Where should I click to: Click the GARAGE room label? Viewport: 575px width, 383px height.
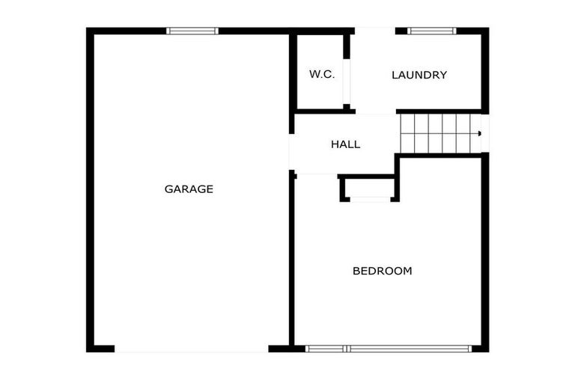tap(189, 189)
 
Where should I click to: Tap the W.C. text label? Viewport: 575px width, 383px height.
tap(322, 74)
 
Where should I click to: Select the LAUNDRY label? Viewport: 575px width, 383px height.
tap(419, 75)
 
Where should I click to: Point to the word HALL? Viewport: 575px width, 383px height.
tap(345, 144)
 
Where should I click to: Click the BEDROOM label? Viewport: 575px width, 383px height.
tap(383, 272)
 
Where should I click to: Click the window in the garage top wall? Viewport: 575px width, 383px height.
tap(192, 31)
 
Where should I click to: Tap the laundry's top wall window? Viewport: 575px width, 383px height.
tap(431, 31)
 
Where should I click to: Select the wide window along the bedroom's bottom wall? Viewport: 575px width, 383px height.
tap(389, 349)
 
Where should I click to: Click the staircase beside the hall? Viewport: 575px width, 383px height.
tap(440, 133)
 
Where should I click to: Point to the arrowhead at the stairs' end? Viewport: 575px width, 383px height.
tap(479, 133)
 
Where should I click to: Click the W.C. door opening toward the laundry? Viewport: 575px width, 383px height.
tap(347, 82)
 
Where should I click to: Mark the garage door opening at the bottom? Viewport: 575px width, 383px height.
tap(192, 349)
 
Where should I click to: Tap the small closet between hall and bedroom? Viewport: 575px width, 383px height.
tap(368, 188)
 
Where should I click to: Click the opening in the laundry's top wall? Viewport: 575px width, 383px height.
tap(375, 31)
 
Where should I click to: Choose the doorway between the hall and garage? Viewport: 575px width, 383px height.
tap(291, 152)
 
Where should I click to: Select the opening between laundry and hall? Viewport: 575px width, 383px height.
tap(376, 111)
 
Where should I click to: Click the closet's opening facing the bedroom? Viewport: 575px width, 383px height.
tap(370, 200)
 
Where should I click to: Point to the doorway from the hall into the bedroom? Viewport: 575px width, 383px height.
tap(317, 175)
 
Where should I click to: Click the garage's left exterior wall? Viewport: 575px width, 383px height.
tap(90, 190)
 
